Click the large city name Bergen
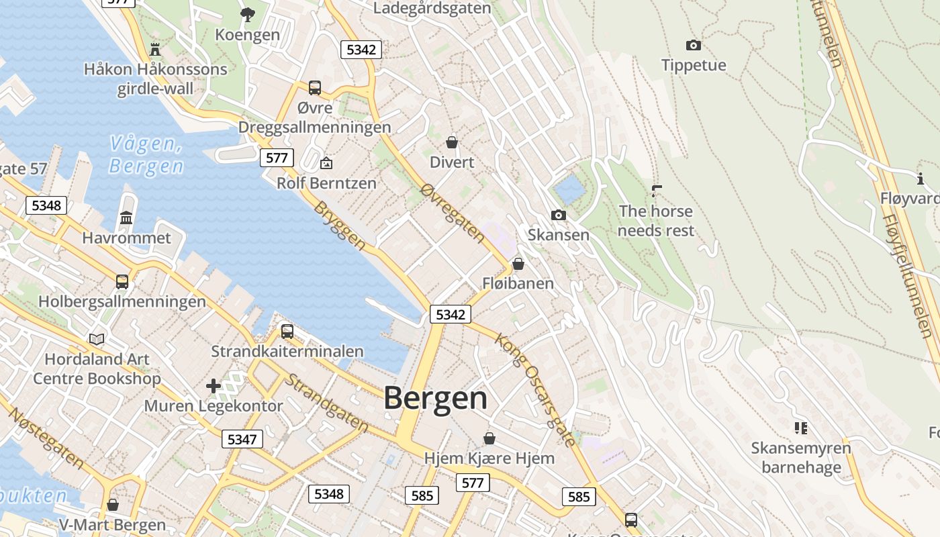coord(435,398)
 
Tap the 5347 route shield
coord(242,439)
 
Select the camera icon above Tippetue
coord(694,46)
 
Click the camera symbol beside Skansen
coord(558,215)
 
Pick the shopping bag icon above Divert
coord(452,142)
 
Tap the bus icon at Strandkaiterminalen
coord(287,331)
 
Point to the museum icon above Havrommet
coord(126,217)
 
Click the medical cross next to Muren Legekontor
coord(214,386)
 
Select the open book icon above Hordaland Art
coord(97,339)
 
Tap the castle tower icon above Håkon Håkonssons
coord(156,49)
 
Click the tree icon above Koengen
coord(248,14)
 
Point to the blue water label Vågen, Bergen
coord(146,154)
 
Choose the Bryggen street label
coord(340,226)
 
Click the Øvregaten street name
coord(452,213)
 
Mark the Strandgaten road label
coord(327,403)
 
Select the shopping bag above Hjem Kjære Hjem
coord(489,438)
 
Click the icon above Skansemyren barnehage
coord(800,428)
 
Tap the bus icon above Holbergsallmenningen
coord(122,281)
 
